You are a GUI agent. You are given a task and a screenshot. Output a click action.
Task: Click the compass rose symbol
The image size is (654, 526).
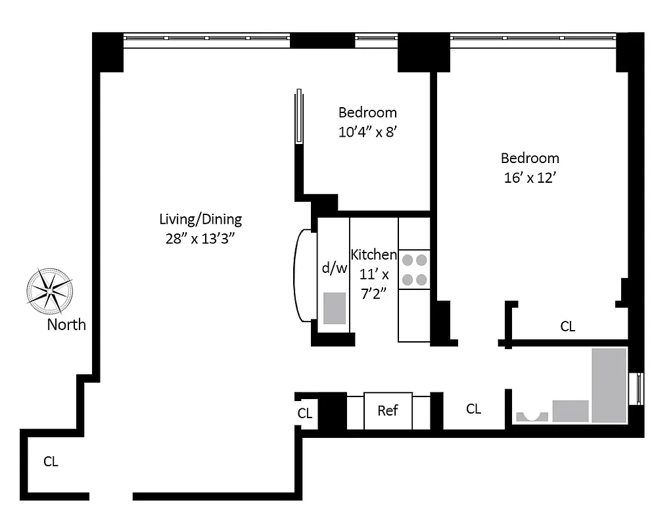tap(49, 291)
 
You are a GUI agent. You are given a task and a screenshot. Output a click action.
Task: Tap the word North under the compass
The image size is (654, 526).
tap(66, 324)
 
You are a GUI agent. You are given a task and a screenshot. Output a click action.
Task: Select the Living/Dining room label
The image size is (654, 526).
tap(200, 219)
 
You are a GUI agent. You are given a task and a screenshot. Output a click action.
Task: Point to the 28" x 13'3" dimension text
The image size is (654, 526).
tap(200, 239)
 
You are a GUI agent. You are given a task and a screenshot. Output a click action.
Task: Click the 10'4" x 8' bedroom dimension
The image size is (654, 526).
tap(368, 131)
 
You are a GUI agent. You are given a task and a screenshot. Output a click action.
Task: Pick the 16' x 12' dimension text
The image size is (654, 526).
tap(530, 178)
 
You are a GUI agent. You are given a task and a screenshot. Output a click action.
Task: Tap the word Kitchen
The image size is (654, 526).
tap(374, 254)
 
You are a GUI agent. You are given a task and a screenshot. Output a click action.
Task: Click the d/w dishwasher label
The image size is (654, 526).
tap(334, 268)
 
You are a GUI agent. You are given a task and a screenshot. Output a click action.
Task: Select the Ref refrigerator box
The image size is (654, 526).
tap(388, 410)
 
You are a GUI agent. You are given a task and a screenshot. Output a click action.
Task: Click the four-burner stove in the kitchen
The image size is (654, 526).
tap(414, 270)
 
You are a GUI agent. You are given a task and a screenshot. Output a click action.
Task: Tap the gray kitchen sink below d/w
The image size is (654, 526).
tap(335, 308)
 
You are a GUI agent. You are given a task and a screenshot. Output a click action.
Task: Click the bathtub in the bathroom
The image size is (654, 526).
tap(609, 385)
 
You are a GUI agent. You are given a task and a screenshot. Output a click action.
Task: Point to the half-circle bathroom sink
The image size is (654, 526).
tap(532, 416)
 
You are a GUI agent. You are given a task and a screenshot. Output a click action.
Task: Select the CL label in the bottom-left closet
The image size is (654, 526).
tap(51, 462)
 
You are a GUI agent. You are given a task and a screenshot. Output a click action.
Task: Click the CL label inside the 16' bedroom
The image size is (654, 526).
tap(567, 326)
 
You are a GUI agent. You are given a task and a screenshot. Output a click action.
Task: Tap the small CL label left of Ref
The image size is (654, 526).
tap(304, 414)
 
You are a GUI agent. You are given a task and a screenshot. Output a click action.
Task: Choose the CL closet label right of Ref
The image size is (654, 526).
tap(473, 409)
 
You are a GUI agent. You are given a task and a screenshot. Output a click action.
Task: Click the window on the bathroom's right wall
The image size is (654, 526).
tap(636, 389)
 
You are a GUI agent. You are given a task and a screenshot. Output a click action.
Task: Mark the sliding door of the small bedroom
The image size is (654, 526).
tap(299, 116)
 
